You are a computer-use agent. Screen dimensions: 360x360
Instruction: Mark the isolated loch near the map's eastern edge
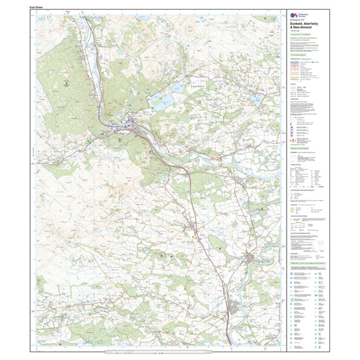(257, 99)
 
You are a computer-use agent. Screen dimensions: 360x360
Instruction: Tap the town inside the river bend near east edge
(252, 262)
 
